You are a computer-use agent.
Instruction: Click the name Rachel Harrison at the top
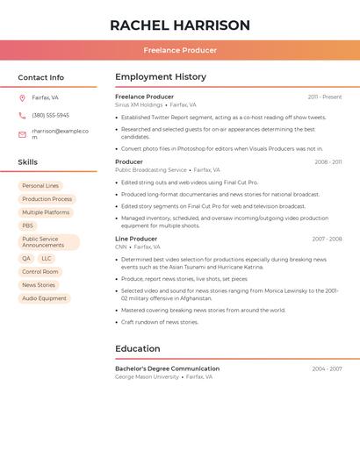(180, 25)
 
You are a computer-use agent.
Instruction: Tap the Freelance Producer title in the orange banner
(180, 50)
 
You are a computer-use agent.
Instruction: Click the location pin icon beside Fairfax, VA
(22, 97)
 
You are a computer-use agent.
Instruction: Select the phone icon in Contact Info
(22, 115)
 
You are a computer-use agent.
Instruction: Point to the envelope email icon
(22, 134)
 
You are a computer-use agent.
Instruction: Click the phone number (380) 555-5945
(50, 115)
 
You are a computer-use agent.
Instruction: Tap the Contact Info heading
(41, 77)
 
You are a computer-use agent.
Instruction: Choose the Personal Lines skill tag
(40, 186)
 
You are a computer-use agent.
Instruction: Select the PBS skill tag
(28, 225)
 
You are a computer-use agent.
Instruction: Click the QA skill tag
(26, 259)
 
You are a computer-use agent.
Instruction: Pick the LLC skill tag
(47, 259)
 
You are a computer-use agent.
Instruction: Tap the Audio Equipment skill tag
(44, 298)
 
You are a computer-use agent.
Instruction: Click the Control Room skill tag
(40, 272)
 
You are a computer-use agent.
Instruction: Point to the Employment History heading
(161, 77)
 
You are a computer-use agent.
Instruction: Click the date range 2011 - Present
(325, 97)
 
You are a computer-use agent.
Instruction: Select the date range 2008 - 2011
(328, 162)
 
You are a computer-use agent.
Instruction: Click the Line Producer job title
(136, 239)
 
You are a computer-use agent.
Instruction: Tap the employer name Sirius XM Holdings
(139, 104)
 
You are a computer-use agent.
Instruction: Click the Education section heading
(138, 348)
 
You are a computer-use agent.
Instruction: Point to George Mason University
(147, 376)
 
